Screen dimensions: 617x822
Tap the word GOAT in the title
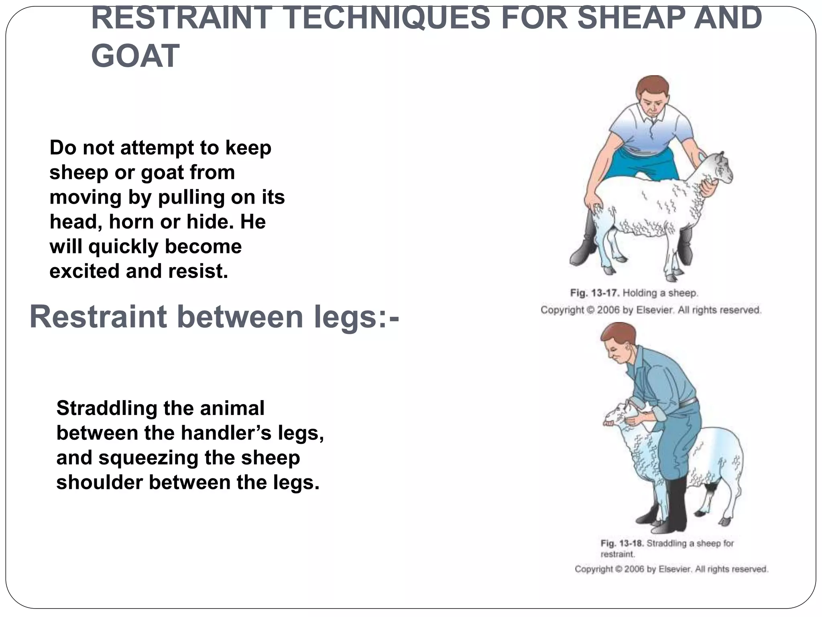pyautogui.click(x=135, y=56)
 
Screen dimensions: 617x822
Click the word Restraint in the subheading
pyautogui.click(x=98, y=317)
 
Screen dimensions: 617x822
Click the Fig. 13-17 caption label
pyautogui.click(x=595, y=293)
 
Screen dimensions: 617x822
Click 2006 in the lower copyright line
pyautogui.click(x=634, y=569)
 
